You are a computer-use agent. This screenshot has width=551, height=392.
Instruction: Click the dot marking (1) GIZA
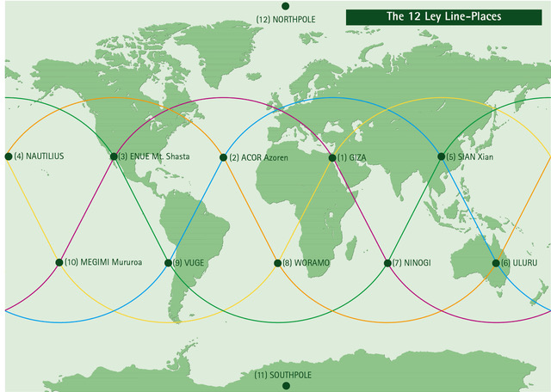[x=332, y=157]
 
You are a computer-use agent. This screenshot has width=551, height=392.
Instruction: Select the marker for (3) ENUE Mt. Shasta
[x=114, y=156]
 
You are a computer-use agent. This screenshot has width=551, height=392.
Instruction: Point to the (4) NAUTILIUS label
[x=38, y=156]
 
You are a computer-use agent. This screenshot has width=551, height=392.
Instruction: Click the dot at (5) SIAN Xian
[x=442, y=156]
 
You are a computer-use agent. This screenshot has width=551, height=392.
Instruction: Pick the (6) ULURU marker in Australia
[x=496, y=262]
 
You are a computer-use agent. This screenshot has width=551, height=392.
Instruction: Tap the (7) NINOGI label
[x=412, y=262]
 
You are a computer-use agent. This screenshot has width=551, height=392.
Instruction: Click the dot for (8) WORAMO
[x=277, y=262]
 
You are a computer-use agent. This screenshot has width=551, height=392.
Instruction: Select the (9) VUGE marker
[x=169, y=262]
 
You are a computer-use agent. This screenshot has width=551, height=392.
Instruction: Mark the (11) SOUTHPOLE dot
[x=286, y=386]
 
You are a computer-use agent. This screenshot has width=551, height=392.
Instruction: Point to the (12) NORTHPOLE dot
[x=286, y=6]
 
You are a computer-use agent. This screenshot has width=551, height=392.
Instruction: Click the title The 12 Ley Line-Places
[x=443, y=16]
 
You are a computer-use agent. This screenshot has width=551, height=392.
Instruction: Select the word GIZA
[x=357, y=158]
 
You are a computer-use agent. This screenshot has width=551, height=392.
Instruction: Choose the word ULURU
[x=525, y=262]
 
